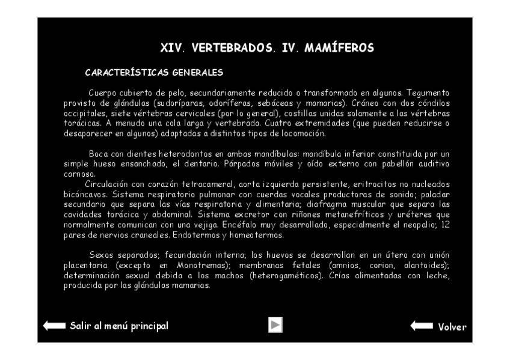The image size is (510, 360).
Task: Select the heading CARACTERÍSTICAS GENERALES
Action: click(x=155, y=73)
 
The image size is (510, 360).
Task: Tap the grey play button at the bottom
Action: click(x=275, y=325)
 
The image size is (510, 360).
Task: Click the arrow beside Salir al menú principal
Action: click(x=54, y=326)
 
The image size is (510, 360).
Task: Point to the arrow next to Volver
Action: click(x=422, y=326)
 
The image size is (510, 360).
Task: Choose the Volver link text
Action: click(x=452, y=327)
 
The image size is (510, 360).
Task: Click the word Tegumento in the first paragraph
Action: click(x=428, y=93)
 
